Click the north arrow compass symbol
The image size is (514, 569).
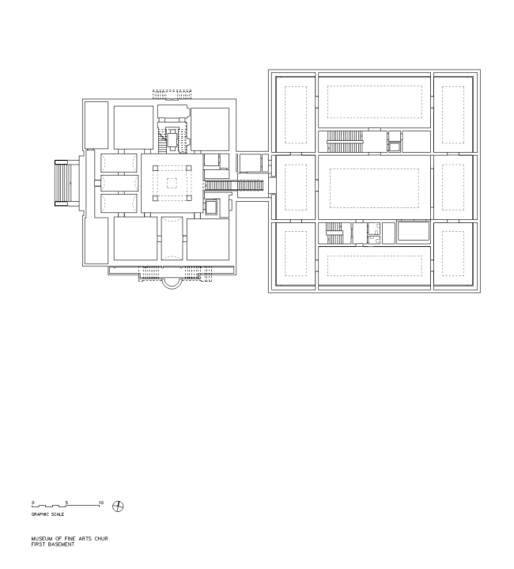click(x=119, y=506)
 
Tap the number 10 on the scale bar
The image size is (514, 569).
click(x=101, y=503)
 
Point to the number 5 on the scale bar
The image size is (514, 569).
click(x=67, y=503)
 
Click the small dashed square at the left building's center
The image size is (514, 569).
click(x=172, y=183)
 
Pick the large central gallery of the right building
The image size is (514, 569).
click(x=374, y=187)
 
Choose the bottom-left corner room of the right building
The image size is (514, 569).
click(x=295, y=253)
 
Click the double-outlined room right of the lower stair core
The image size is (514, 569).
click(x=413, y=233)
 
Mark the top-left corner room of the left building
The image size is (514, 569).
click(x=96, y=124)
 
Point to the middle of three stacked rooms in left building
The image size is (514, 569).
click(x=120, y=183)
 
